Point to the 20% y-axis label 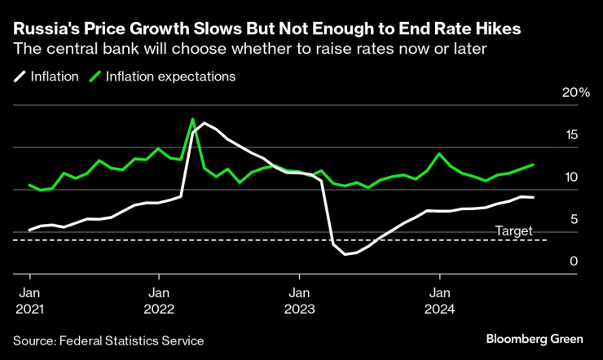(576, 93)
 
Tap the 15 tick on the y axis (572, 135)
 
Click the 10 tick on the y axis (572, 178)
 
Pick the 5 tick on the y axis (575, 219)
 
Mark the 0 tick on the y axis (575, 261)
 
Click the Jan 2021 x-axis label (29, 301)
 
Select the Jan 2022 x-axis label (160, 301)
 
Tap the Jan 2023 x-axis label (301, 301)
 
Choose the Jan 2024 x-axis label (441, 301)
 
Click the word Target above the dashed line (515, 230)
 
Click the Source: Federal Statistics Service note (108, 340)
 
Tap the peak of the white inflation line (204, 123)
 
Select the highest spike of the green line (192, 119)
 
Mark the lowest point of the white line (346, 254)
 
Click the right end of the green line (534, 165)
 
